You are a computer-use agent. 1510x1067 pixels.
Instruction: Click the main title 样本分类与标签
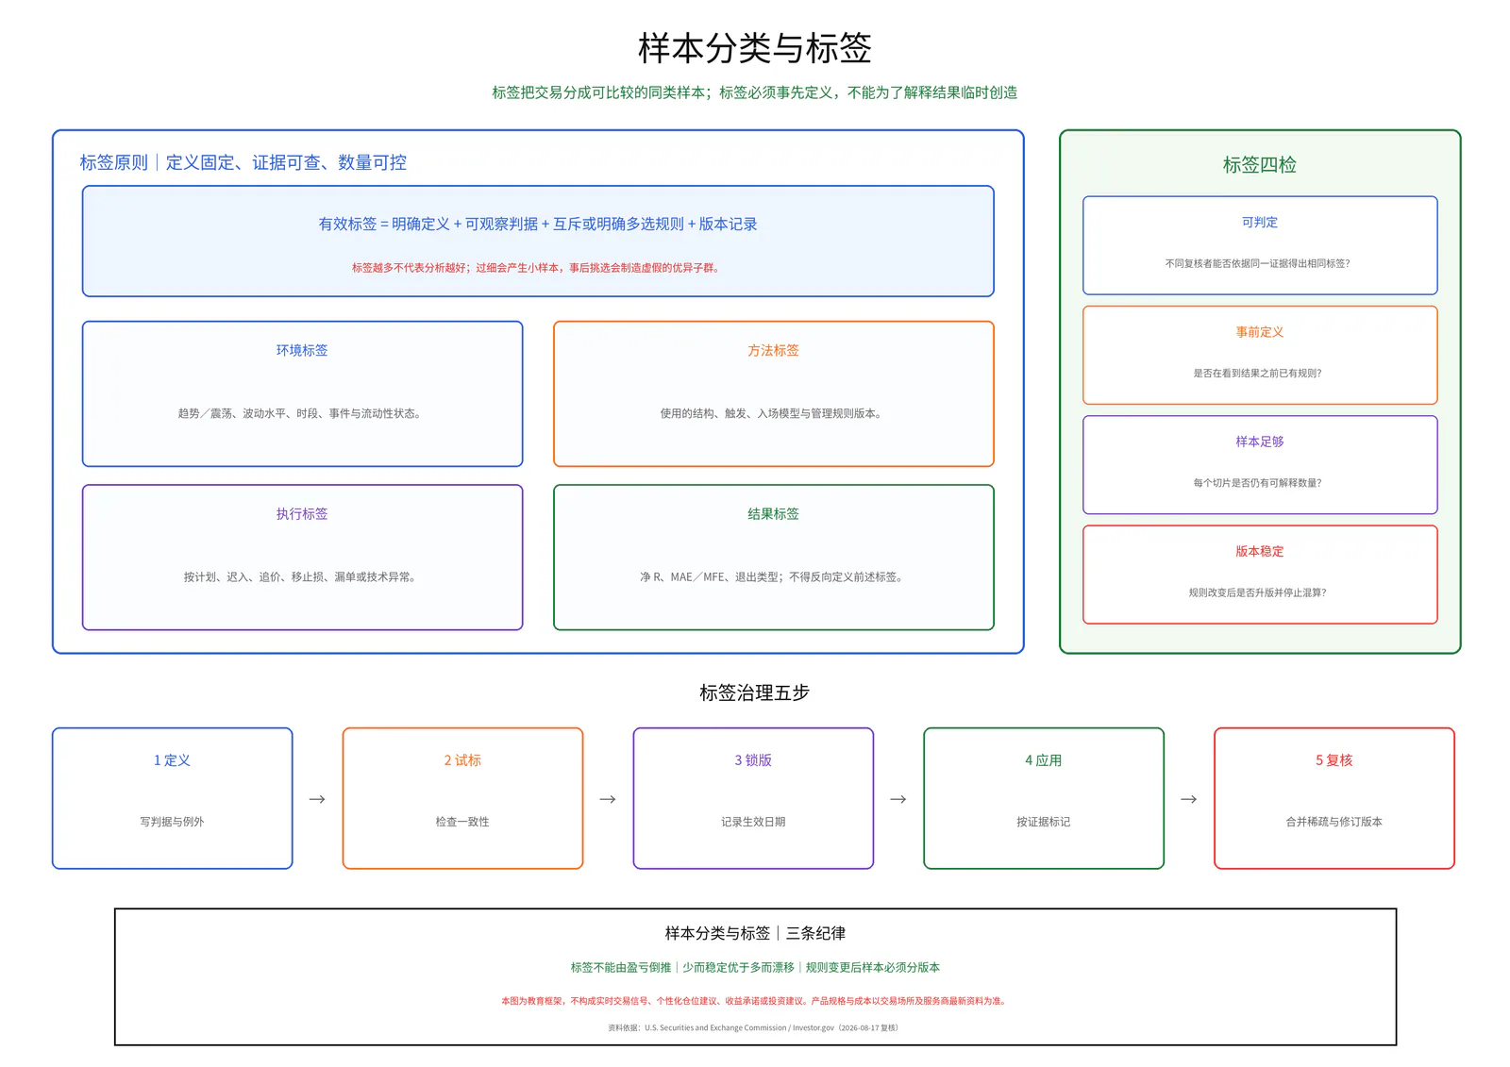754,48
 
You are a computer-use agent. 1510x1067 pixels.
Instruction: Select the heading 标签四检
1259,164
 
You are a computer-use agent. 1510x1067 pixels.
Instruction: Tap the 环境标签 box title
302,350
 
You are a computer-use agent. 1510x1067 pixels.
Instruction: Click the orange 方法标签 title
773,350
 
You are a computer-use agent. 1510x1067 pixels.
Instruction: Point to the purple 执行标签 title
302,513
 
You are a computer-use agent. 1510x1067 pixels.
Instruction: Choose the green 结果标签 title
773,513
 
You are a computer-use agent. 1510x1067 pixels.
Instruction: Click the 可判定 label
1259,222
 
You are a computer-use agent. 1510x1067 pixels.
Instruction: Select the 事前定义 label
1259,332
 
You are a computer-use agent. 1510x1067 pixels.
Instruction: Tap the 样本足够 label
1259,442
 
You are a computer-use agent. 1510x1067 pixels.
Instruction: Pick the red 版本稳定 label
1259,551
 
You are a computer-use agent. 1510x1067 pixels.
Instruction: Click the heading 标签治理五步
754,692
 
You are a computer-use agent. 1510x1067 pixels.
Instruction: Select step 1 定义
172,759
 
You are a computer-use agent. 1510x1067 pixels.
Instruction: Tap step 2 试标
462,759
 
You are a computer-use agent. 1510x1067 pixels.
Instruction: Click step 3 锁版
753,759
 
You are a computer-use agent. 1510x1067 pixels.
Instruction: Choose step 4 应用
1044,759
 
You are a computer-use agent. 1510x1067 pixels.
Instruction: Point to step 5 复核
1334,759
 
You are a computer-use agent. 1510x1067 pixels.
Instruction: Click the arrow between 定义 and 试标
317,799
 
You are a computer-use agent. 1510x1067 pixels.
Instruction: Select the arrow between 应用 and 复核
1189,799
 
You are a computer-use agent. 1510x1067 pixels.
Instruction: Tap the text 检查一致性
462,821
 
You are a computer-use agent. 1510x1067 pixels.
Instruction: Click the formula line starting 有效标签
538,224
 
